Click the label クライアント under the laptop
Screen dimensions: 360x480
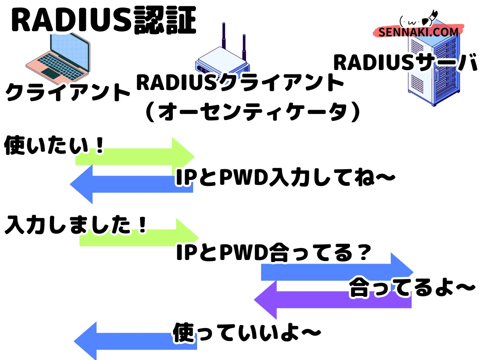[68, 92]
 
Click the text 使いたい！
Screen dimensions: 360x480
[54, 146]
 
